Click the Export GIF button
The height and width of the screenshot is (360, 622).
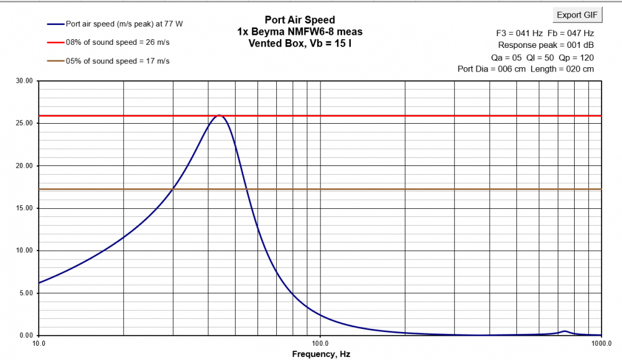coord(577,15)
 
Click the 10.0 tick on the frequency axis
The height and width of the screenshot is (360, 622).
coord(39,343)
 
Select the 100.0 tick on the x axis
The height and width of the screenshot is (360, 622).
coord(320,343)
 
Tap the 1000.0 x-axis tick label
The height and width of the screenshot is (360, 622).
coord(601,343)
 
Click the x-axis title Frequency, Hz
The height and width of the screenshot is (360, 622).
coord(320,354)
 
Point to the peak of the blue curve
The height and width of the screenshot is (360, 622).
coord(218,116)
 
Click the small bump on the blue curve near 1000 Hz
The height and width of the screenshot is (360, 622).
coord(564,331)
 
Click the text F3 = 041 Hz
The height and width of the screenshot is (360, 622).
coord(514,33)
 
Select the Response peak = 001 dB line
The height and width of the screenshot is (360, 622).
coord(545,45)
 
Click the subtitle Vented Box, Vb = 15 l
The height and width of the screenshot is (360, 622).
coord(300,43)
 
